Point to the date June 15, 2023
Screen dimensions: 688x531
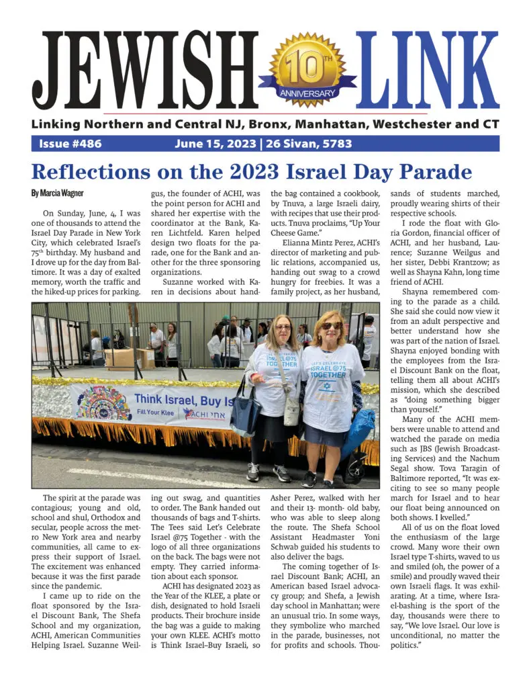click(215, 144)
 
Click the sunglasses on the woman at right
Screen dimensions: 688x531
click(332, 325)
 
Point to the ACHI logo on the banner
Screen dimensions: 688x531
click(207, 413)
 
